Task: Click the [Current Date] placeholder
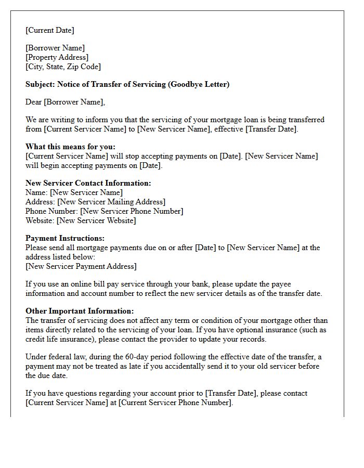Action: [50, 30]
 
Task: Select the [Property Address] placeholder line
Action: [57, 57]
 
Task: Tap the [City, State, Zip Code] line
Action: [63, 67]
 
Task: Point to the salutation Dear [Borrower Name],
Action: [65, 102]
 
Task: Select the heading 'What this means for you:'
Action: [71, 147]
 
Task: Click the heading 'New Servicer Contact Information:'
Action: [88, 183]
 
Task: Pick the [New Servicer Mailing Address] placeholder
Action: [111, 202]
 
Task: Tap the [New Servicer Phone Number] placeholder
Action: [132, 211]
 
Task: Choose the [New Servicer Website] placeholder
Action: [96, 220]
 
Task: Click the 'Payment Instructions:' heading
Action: [65, 238]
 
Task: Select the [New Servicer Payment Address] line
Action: [81, 266]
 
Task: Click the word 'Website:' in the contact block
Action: [40, 220]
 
